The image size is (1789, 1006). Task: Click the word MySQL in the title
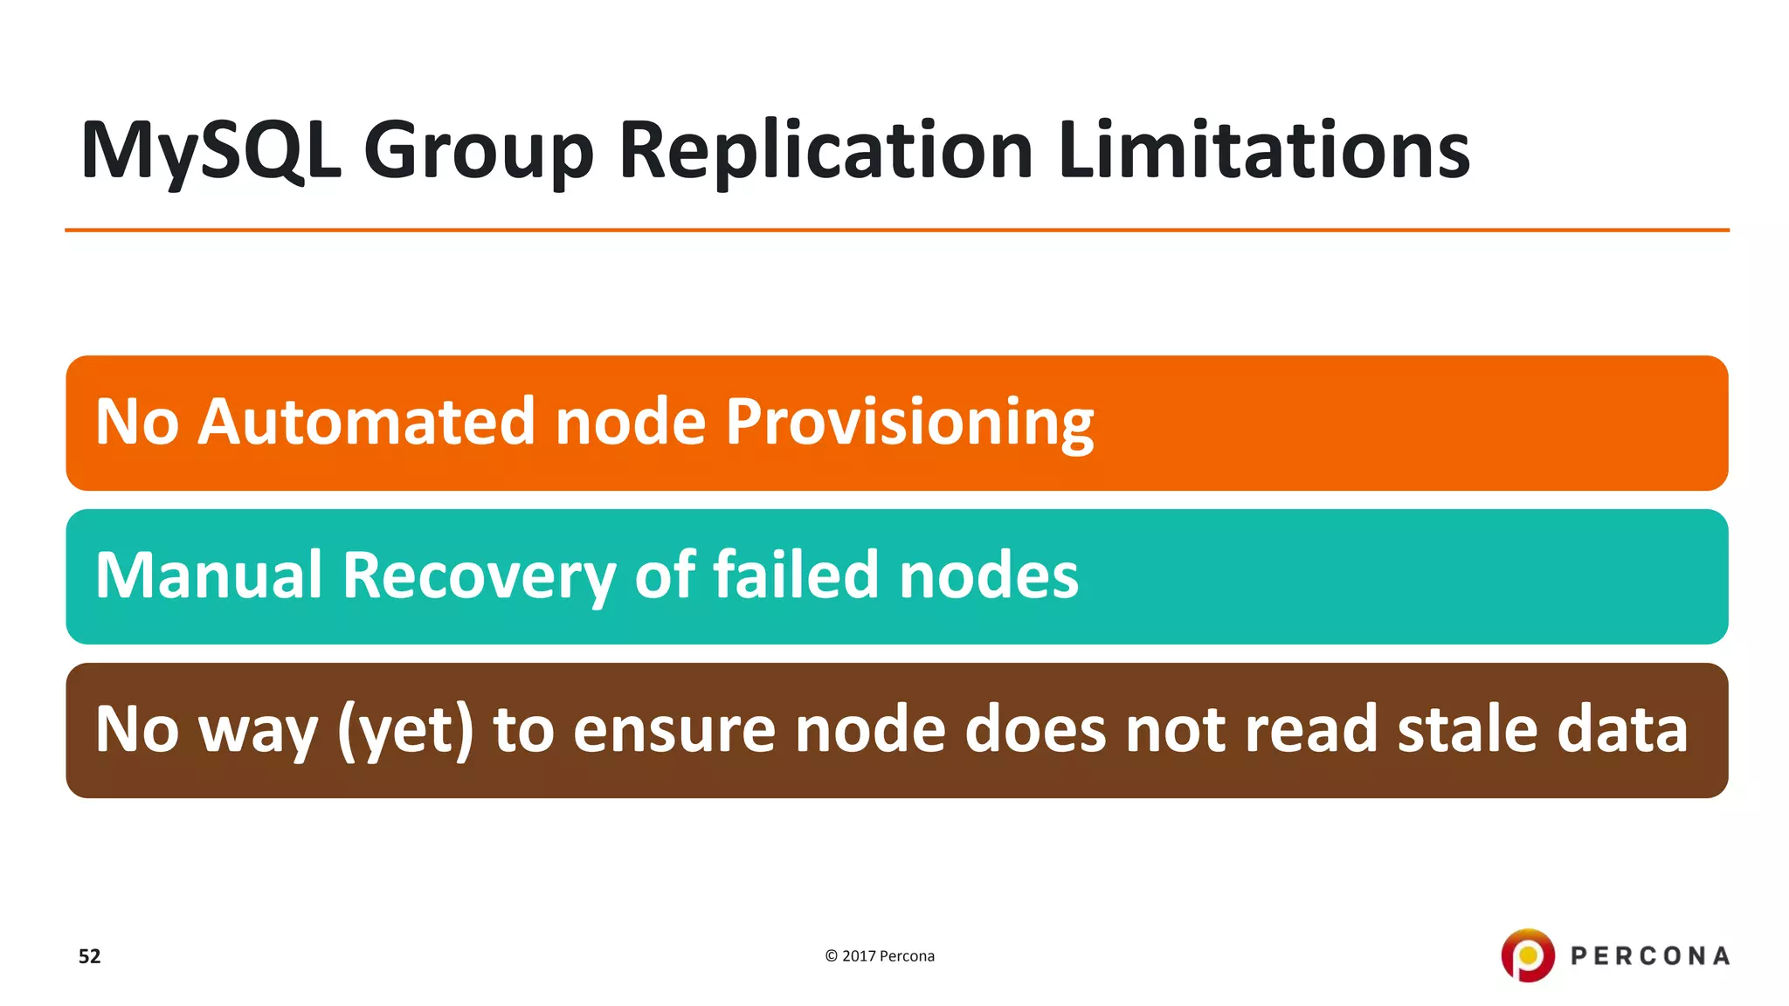tap(211, 151)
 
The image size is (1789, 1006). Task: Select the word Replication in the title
tap(826, 151)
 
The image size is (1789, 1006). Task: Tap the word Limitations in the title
tap(1264, 151)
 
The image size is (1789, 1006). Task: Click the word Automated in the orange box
tap(366, 422)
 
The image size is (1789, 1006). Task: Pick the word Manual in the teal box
tap(209, 575)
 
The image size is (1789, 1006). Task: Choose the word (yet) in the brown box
tap(405, 730)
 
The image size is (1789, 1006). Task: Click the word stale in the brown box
tap(1468, 729)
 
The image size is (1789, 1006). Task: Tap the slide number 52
tap(90, 956)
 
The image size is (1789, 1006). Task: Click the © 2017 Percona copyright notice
tap(880, 956)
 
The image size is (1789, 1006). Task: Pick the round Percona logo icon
tap(1528, 955)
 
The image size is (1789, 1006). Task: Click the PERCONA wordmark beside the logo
tap(1650, 956)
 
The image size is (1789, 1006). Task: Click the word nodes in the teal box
tap(989, 575)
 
